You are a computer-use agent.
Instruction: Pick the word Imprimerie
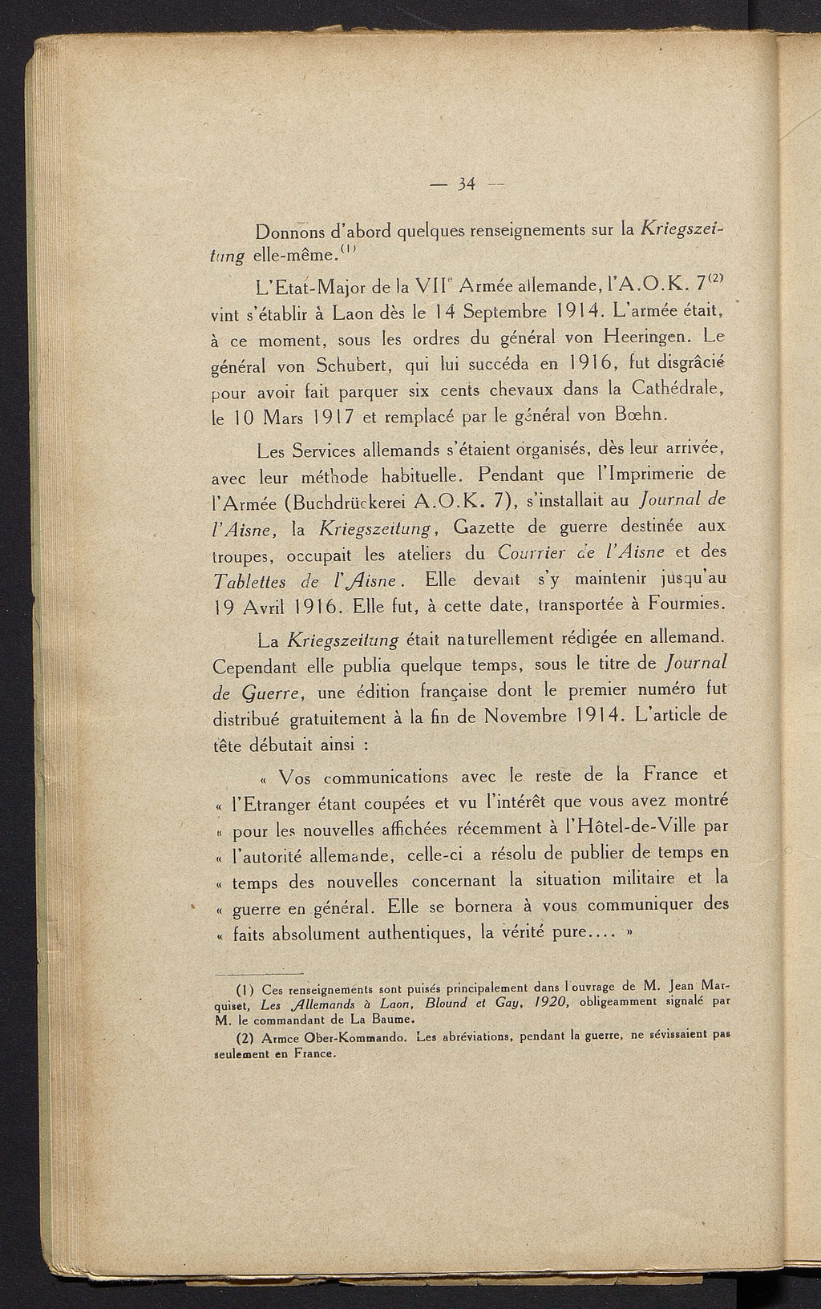[x=652, y=475]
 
